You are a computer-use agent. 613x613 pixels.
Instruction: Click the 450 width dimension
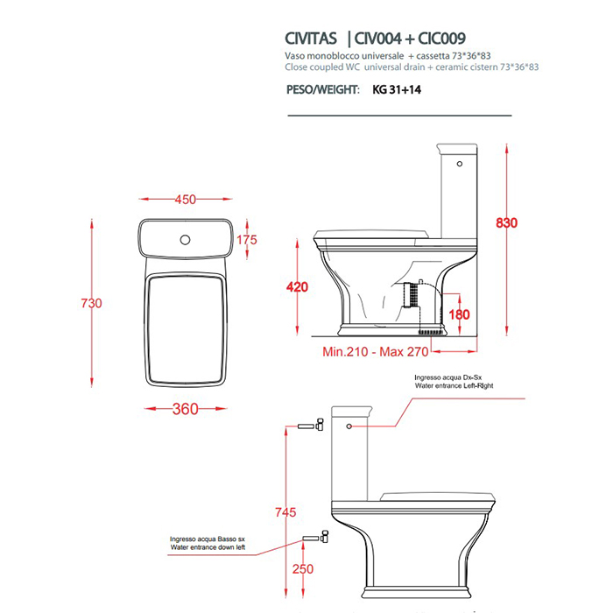point(185,200)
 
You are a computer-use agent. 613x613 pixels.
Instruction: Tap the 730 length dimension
point(92,304)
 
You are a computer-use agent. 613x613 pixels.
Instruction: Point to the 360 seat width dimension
point(185,409)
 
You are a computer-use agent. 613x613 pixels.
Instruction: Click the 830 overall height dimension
point(507,223)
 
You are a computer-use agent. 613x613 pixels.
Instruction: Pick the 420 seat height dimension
point(299,286)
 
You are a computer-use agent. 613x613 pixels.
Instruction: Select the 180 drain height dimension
point(459,314)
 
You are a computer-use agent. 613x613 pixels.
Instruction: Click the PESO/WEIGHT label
point(321,89)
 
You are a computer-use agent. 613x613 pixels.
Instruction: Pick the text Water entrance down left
point(208,547)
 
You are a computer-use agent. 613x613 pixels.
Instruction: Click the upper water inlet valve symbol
point(309,426)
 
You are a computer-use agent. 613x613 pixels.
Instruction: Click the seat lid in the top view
point(185,328)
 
